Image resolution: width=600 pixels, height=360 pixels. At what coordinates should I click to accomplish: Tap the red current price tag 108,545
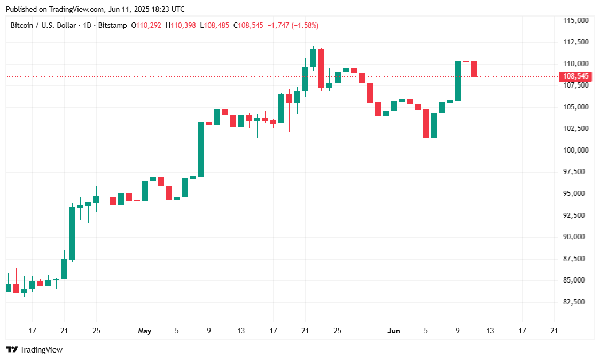pos(576,76)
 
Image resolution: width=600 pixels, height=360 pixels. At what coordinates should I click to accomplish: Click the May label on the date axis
pos(145,331)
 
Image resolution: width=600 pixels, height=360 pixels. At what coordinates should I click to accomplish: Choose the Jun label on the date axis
pos(393,331)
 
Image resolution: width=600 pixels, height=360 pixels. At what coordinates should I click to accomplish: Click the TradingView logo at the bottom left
pos(34,350)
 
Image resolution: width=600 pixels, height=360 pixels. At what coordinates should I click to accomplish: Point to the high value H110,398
pos(181,25)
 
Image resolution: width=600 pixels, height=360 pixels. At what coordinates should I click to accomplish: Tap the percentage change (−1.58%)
pos(305,25)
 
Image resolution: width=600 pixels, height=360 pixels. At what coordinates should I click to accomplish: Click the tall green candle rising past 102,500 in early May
pos(201,150)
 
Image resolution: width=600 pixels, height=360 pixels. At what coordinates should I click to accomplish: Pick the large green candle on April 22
pos(72,233)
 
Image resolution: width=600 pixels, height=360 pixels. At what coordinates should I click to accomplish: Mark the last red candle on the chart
pos(474,69)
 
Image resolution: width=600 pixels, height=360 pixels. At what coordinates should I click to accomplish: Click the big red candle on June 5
pos(426,123)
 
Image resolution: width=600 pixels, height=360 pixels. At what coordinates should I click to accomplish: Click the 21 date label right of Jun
pos(554,331)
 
